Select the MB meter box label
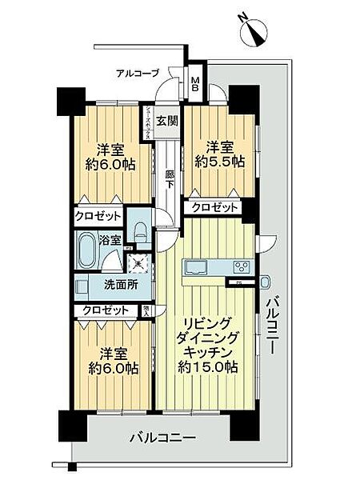click(x=195, y=83)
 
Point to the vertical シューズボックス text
click(x=147, y=125)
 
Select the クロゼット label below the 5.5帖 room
click(x=215, y=207)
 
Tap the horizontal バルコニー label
click(x=161, y=438)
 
